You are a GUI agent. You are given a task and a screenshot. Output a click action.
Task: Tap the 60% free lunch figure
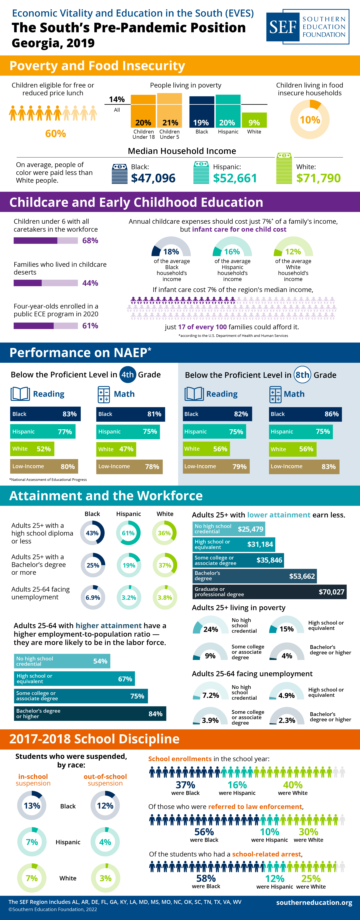[x=55, y=134]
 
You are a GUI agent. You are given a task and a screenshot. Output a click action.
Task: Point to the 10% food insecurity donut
[x=310, y=119]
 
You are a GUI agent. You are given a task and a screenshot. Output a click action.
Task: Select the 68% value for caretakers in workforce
[x=90, y=240]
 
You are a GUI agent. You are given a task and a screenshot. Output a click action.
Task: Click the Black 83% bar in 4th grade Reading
[x=45, y=414]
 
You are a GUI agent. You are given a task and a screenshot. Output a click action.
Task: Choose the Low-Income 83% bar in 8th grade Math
[x=304, y=466]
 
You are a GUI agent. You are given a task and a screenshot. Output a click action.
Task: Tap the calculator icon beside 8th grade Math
[x=275, y=394]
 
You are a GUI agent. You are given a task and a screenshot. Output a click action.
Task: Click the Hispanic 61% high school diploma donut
[x=128, y=533]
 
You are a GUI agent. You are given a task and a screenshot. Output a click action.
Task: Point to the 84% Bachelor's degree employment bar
[x=90, y=714]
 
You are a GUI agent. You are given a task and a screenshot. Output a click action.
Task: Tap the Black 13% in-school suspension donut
[x=32, y=806]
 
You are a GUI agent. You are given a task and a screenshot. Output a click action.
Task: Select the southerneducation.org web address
[x=314, y=902]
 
